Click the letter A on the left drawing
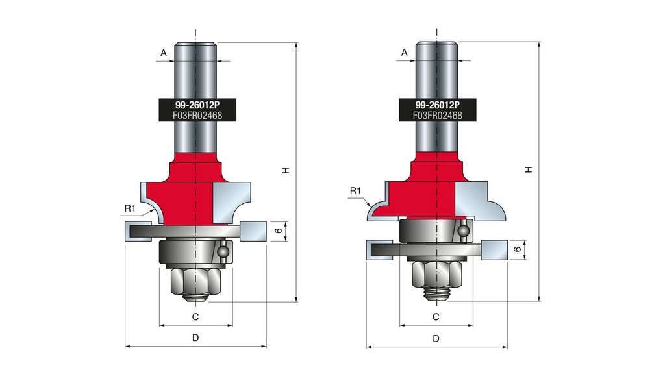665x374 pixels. pyautogui.click(x=163, y=53)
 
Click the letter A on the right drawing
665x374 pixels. pyautogui.click(x=404, y=52)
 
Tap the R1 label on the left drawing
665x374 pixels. pyautogui.click(x=130, y=208)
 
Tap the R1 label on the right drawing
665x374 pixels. pyautogui.click(x=355, y=191)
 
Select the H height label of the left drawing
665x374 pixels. pyautogui.click(x=286, y=170)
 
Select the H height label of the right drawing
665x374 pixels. pyautogui.click(x=528, y=169)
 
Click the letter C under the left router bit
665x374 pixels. pyautogui.click(x=195, y=317)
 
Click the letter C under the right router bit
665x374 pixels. pyautogui.click(x=436, y=317)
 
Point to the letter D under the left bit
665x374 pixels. pyautogui.click(x=195, y=338)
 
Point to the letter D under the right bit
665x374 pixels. pyautogui.click(x=436, y=338)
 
